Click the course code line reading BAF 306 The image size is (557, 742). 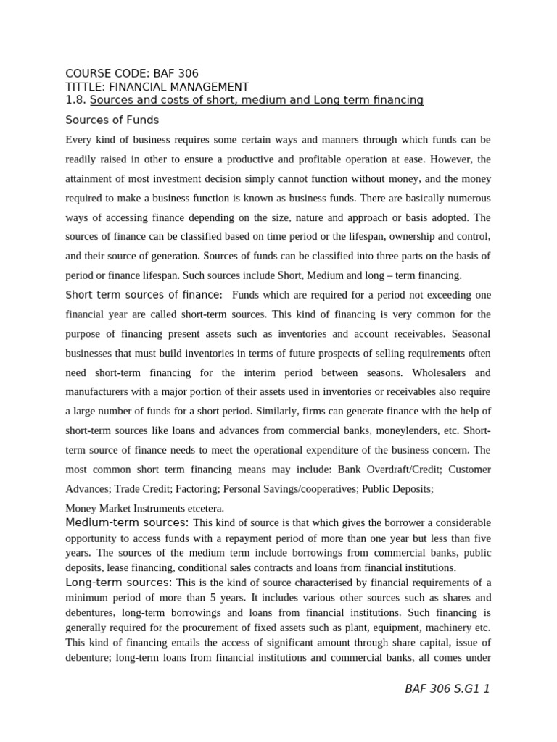[x=131, y=73]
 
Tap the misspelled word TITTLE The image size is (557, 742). [x=84, y=86]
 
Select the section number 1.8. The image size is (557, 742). [x=75, y=99]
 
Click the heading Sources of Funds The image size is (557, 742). [x=112, y=120]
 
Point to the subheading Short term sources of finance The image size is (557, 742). [x=144, y=295]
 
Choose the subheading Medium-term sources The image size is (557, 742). [x=127, y=522]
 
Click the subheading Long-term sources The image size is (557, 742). [x=119, y=582]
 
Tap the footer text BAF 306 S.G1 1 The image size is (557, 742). [x=447, y=688]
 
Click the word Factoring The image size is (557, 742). [x=197, y=489]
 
